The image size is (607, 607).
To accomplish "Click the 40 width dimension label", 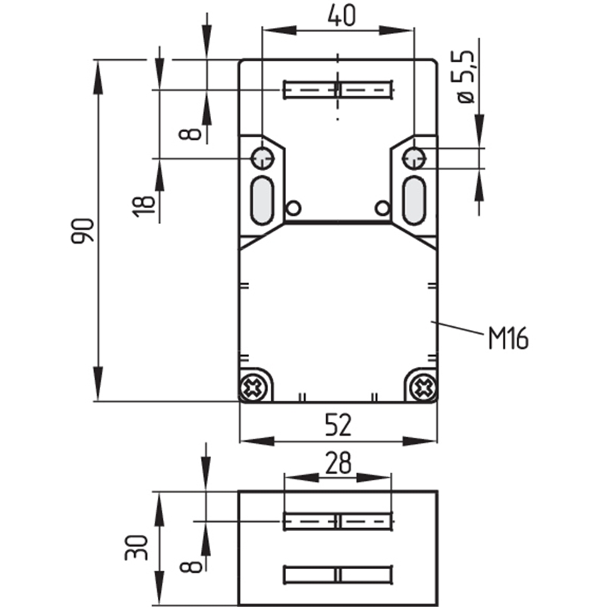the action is pos(341,17).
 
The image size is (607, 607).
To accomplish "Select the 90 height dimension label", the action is pos(83,231).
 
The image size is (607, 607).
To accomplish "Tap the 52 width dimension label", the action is pos(338,425).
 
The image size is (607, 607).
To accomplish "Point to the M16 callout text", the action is pos(508,338).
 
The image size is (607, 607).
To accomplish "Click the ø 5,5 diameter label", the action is pos(464,77).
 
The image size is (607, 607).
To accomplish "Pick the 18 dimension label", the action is pos(143,206).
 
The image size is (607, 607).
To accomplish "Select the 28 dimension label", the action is pos(338,463).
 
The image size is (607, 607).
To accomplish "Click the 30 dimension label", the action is pos(137,547).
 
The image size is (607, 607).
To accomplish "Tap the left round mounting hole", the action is pos(263,159).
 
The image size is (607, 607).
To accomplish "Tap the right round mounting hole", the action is pos(414,159).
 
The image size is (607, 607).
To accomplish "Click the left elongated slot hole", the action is pos(263,200).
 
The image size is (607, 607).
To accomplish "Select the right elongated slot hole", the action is pos(414,200).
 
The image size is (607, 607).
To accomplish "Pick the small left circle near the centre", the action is pos(293,208).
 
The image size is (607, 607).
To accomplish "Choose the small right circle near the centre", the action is pos(382,208).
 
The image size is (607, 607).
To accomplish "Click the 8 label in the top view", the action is pos(190,134).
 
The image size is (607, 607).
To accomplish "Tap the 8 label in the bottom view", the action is pos(191,567).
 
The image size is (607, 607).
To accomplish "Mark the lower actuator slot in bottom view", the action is pos(338,574).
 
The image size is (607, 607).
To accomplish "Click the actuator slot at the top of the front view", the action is pos(338,90).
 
